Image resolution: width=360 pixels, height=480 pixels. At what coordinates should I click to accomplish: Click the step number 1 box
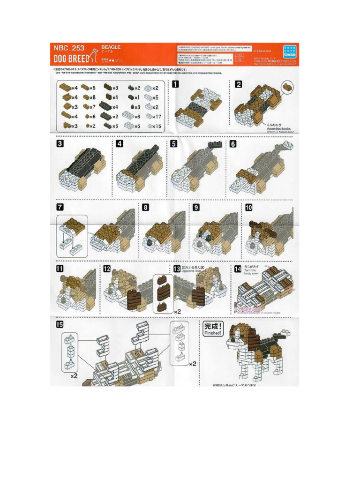coord(175,84)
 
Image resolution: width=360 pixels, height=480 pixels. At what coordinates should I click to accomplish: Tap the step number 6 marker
coord(233,144)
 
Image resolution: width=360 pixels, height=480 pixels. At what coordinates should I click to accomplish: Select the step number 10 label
coord(248,207)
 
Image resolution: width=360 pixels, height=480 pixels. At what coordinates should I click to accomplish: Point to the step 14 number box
coord(237,269)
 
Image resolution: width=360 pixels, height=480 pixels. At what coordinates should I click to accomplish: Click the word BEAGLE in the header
coord(111,47)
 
